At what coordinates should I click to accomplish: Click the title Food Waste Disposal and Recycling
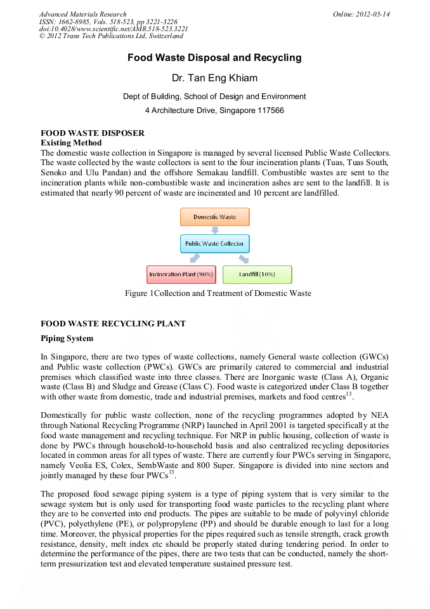click(214, 58)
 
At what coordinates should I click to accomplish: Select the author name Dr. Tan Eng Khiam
click(214, 78)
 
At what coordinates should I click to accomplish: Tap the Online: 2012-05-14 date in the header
click(362, 14)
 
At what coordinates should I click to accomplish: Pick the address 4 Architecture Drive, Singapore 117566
click(214, 110)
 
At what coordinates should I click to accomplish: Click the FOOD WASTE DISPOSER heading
click(93, 133)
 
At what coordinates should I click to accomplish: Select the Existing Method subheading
click(71, 143)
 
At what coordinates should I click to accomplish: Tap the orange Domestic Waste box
click(214, 217)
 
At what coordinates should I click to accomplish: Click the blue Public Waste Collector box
click(214, 243)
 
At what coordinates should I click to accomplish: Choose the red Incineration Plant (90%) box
click(181, 274)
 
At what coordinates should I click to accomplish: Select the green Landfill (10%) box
click(257, 274)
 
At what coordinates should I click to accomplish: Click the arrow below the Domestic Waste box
click(214, 230)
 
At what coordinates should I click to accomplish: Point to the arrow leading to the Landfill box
click(244, 258)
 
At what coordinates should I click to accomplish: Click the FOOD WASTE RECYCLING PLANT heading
click(113, 324)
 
